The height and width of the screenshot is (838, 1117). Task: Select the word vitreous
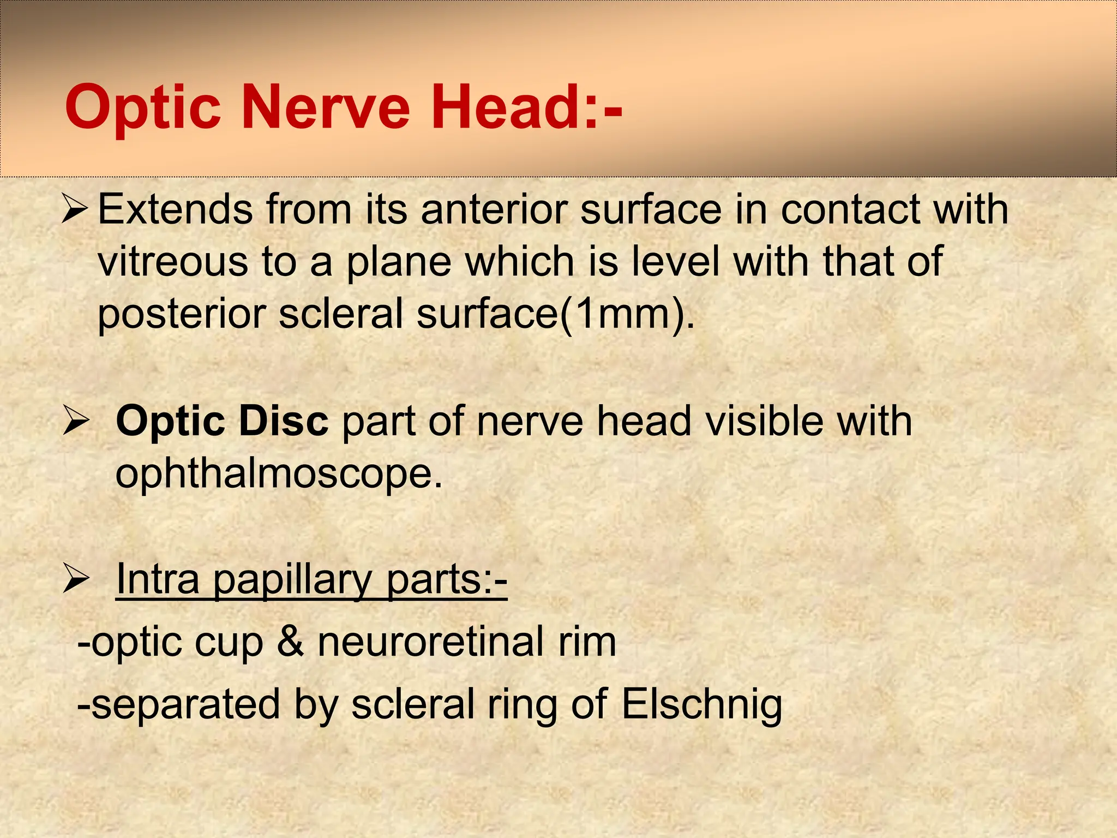pos(172,262)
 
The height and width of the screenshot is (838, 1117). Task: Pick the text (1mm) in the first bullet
pos(627,314)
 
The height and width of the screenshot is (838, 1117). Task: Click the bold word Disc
pos(284,421)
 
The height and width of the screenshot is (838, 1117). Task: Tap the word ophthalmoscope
pos(279,474)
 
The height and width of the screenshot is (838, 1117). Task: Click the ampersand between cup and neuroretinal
pos(290,642)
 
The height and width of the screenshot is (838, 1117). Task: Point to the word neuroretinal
pos(431,642)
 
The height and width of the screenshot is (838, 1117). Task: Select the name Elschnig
pos(702,704)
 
